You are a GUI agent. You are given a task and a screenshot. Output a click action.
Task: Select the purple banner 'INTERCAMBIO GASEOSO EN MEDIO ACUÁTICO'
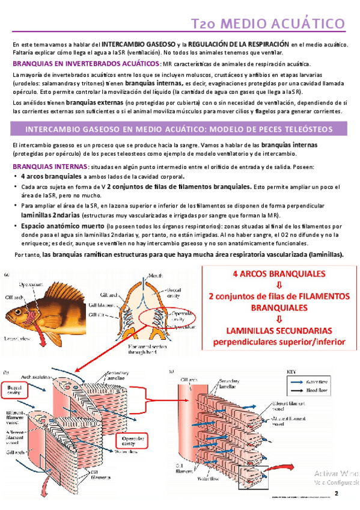[179, 129]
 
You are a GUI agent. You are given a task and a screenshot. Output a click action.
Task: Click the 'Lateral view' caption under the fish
[19, 339]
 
